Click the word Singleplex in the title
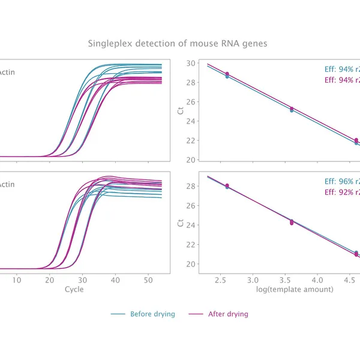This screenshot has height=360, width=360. (x=108, y=44)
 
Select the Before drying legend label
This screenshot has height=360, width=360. (x=152, y=314)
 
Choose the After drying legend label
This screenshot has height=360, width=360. (x=227, y=314)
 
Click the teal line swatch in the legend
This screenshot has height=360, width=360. (x=118, y=314)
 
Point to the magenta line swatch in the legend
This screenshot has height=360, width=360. (x=196, y=314)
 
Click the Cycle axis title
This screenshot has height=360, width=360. (x=74, y=289)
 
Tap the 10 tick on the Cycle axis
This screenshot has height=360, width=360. (x=17, y=280)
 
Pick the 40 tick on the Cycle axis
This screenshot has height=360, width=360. (x=115, y=280)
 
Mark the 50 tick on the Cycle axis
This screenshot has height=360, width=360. (x=148, y=280)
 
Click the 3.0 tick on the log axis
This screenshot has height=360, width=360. (x=253, y=280)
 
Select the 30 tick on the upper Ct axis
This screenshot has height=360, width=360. (x=190, y=63)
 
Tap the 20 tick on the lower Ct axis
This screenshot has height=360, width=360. (x=190, y=264)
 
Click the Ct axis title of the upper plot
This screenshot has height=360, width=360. (x=181, y=111)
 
